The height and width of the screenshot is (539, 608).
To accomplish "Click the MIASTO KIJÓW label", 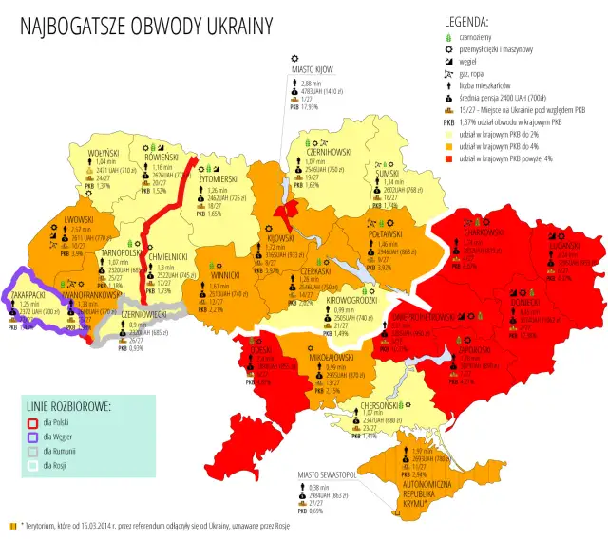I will [x=315, y=69].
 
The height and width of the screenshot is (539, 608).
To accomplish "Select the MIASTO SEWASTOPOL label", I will [x=326, y=473].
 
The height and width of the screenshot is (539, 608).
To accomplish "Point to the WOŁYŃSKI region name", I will [x=103, y=153].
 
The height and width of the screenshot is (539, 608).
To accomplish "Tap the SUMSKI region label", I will [x=387, y=174].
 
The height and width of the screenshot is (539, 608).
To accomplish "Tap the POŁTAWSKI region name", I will [x=386, y=233].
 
